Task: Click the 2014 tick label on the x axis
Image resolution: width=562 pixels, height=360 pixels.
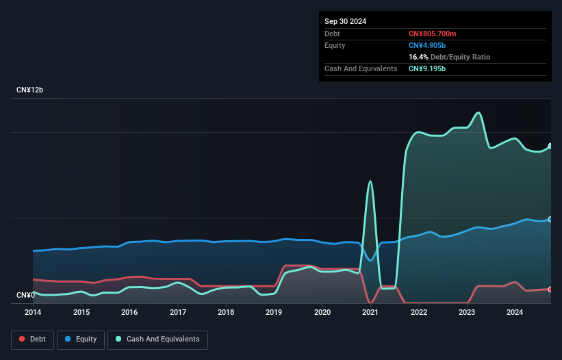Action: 33,312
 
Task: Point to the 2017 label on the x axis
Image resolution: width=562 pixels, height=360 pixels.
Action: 178,312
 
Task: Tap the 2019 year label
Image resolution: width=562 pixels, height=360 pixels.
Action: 274,312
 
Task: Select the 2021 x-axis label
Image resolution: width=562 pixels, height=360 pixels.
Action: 370,312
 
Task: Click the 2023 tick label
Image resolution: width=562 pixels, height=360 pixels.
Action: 467,312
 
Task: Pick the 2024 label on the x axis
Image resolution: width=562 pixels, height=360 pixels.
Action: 515,312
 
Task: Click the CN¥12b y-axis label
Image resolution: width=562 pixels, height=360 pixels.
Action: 30,90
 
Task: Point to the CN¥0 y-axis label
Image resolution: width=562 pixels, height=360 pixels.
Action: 25,295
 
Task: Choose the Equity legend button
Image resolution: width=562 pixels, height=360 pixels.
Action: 81,339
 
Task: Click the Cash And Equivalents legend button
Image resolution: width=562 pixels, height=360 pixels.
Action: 157,339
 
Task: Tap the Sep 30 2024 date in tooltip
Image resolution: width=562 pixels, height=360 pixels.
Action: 345,21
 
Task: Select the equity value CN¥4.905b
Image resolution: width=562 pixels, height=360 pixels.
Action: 428,45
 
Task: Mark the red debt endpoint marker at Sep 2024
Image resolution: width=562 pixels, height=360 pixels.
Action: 550,290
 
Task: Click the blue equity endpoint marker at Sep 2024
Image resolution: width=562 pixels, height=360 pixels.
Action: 550,219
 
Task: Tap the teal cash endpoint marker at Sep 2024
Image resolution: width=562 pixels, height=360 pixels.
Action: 550,146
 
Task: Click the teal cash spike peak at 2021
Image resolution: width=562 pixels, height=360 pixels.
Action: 370,181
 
